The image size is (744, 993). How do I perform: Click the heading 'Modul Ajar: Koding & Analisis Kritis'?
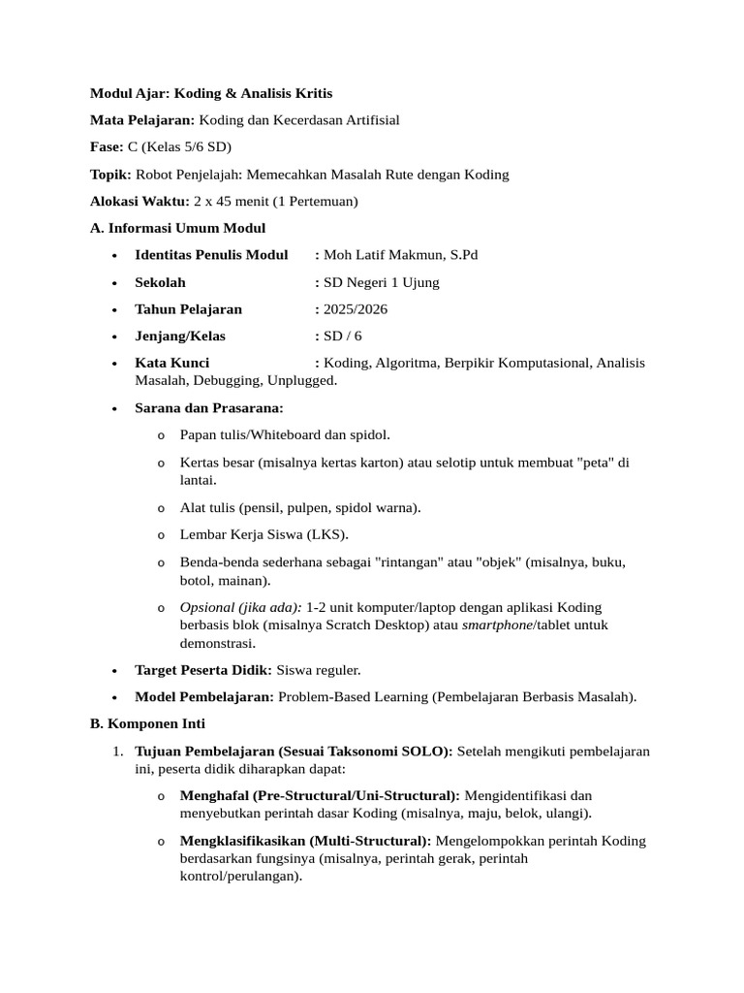(211, 93)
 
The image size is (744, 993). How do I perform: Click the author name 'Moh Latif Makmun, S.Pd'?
(400, 255)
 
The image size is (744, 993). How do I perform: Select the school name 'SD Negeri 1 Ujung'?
(381, 282)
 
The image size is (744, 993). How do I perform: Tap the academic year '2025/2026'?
(356, 309)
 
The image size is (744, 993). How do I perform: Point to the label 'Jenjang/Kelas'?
(180, 336)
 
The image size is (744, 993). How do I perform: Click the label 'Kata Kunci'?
(172, 363)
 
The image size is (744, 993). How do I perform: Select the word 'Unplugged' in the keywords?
(302, 381)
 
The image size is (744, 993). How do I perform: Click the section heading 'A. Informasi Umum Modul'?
(177, 228)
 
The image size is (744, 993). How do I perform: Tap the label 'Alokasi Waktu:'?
(139, 201)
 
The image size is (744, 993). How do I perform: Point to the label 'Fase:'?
(107, 147)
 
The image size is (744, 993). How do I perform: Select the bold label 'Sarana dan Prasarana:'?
(209, 408)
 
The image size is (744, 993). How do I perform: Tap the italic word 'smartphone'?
(497, 625)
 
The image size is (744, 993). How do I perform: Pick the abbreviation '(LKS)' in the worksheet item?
(327, 534)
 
